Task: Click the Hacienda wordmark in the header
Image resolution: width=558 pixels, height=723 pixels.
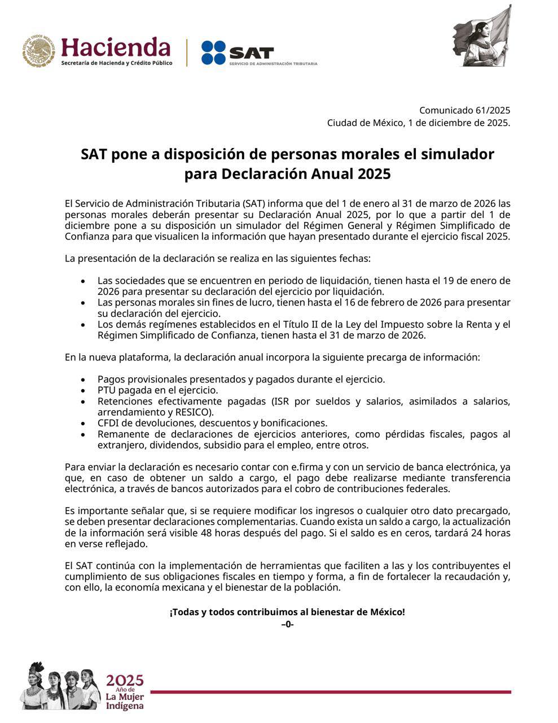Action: pyautogui.click(x=116, y=47)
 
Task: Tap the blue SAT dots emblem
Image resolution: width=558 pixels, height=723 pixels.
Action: pyautogui.click(x=214, y=53)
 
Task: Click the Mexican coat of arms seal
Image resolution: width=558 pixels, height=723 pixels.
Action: pyautogui.click(x=38, y=51)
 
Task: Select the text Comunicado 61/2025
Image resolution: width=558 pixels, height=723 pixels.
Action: pyautogui.click(x=464, y=110)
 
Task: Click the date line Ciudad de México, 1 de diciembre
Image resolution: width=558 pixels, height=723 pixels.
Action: pyautogui.click(x=418, y=123)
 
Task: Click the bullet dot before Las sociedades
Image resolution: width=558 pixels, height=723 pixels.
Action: pyautogui.click(x=83, y=281)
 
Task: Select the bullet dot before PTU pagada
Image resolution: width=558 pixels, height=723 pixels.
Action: pyautogui.click(x=83, y=390)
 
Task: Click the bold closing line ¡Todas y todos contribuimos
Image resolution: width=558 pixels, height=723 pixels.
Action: pyautogui.click(x=287, y=612)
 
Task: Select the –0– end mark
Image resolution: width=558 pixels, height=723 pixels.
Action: pyautogui.click(x=287, y=624)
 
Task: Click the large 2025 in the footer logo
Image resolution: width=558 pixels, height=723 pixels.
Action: pyautogui.click(x=125, y=680)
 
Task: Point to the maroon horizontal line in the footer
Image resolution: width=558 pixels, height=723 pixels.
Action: pyautogui.click(x=330, y=692)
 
